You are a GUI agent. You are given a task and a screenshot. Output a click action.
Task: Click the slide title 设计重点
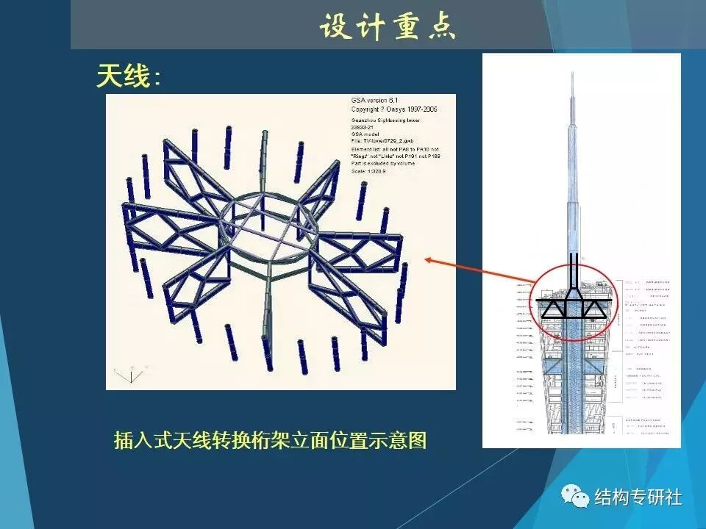coord(388,27)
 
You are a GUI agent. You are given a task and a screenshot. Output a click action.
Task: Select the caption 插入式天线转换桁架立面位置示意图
coord(270,440)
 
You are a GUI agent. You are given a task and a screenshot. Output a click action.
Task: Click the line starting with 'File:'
coord(388,140)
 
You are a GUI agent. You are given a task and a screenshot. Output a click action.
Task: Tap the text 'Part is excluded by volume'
coord(383,163)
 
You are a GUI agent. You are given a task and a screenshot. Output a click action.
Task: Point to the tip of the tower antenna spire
coord(573,73)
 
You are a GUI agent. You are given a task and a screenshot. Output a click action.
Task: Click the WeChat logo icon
coord(576,497)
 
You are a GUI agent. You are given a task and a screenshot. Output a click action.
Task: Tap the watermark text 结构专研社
coord(638,497)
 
